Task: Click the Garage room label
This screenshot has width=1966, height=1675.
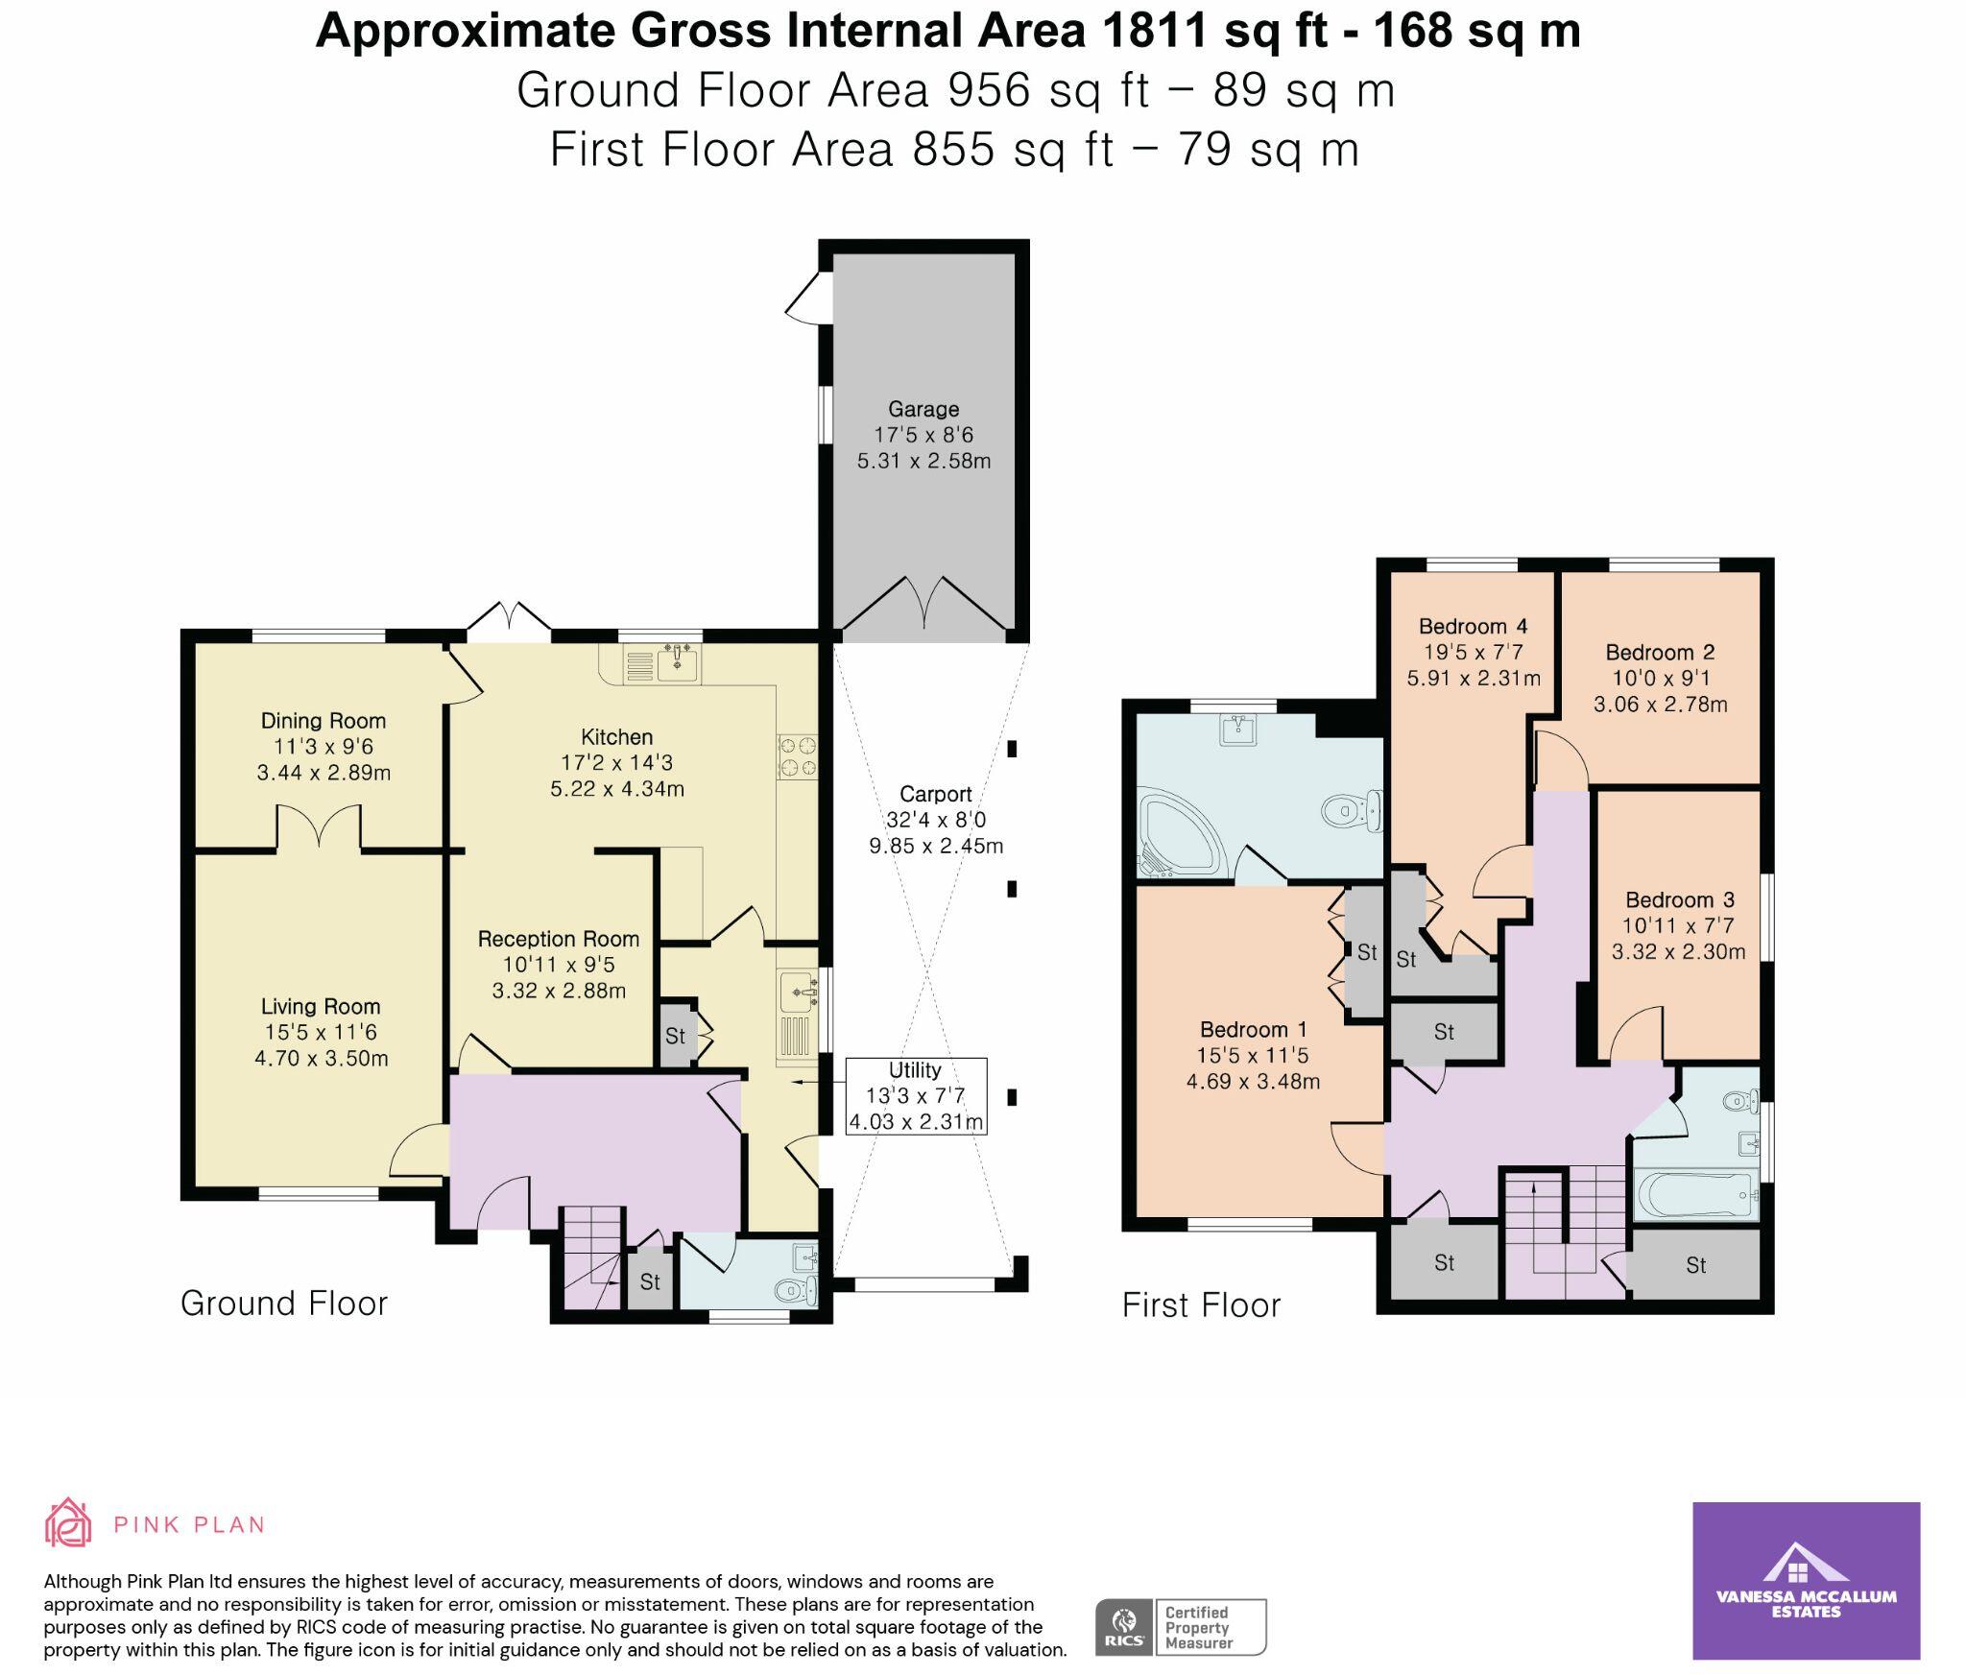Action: coord(923,409)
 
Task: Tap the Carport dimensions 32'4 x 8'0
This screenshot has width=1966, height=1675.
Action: coord(936,820)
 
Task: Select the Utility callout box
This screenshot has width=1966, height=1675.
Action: coord(916,1096)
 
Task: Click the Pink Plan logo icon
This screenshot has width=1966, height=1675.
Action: coord(68,1522)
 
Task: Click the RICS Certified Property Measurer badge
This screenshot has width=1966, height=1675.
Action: coord(1180,1626)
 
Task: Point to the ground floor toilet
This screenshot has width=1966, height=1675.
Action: coord(796,1291)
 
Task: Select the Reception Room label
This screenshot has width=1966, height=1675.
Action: coord(558,939)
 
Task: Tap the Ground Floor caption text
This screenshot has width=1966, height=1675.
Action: coord(284,1303)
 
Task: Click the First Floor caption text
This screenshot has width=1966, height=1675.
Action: coord(1201,1304)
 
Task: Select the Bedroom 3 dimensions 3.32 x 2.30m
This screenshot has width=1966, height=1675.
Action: coord(1678,951)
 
